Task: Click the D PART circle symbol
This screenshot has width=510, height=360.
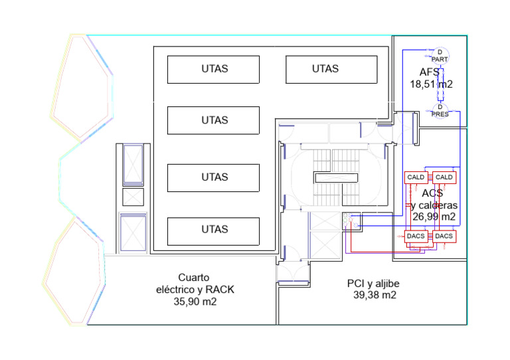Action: click(440, 56)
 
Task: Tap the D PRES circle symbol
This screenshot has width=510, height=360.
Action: click(440, 110)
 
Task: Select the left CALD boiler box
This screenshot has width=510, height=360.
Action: click(416, 177)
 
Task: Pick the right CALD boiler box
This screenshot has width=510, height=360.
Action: click(444, 177)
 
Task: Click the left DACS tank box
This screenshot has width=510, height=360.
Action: click(416, 236)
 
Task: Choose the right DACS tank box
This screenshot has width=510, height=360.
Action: click(444, 236)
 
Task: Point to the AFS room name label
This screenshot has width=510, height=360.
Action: click(430, 72)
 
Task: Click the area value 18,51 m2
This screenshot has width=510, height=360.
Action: click(431, 84)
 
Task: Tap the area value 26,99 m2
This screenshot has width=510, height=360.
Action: click(434, 217)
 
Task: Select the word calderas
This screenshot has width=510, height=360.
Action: click(438, 205)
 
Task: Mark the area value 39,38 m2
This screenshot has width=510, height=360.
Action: click(375, 295)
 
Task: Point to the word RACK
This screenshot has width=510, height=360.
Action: click(220, 290)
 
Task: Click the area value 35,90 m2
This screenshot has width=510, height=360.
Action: click(195, 302)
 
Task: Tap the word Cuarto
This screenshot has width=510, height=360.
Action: click(193, 278)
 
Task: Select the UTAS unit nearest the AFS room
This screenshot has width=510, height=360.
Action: click(331, 69)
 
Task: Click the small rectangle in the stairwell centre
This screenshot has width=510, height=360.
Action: click(336, 177)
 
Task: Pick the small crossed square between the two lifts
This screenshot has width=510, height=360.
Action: click(133, 197)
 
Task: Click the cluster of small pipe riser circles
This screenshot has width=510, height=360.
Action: click(350, 220)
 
